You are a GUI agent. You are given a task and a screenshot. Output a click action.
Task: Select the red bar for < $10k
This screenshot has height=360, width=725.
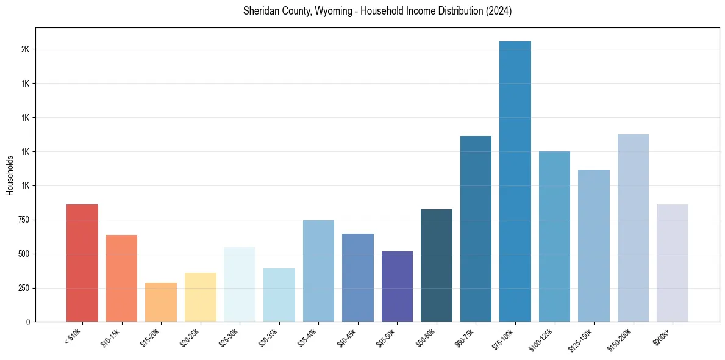pos(82,263)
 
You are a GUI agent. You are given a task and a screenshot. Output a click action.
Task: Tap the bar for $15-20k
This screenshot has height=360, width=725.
pos(161,302)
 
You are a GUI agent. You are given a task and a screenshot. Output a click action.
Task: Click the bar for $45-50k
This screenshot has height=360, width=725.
pos(397,286)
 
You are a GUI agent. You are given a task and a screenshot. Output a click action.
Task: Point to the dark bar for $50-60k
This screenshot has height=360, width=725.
pos(437,265)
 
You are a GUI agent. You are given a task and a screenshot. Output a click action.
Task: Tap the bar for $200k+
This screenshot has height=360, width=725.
pos(673,263)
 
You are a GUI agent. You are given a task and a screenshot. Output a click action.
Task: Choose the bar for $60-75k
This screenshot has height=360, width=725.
pos(476,229)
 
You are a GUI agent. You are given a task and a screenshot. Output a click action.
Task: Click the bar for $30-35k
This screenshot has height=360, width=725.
pos(279,295)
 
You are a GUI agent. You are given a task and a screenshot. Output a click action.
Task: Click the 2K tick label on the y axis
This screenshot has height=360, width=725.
pos(25,49)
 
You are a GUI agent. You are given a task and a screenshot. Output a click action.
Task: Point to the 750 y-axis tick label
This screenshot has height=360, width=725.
pos(24,220)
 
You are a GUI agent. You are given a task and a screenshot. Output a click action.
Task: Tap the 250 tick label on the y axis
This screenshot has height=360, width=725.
pos(24,288)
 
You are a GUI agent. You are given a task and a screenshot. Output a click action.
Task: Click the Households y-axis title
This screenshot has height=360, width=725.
pos(10,175)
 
